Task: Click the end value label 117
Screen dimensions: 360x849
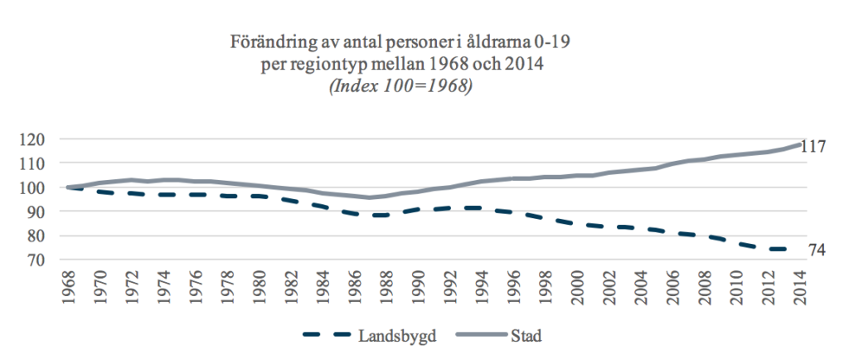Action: coord(819,147)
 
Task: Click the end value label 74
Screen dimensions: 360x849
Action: coord(817,251)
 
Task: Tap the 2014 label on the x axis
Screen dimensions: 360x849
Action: coord(802,290)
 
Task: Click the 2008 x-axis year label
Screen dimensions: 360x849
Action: coord(703,290)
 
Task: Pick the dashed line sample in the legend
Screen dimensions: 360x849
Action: coord(327,335)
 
